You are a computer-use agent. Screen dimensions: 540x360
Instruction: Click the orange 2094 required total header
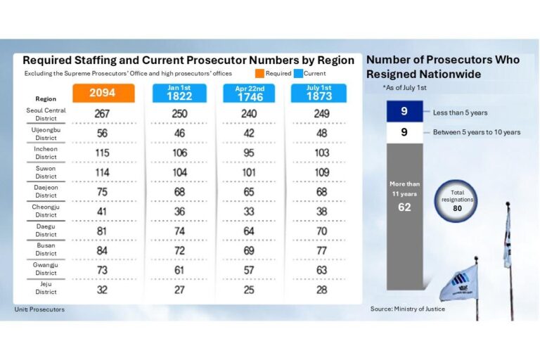[103, 93]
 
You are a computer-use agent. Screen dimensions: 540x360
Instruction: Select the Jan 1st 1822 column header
[179, 93]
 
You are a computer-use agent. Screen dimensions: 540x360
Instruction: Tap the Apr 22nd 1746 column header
[249, 93]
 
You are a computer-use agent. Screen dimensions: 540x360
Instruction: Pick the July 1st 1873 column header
[319, 93]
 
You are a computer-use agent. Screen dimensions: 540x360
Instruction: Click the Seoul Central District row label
[46, 115]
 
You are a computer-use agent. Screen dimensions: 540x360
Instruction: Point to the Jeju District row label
[46, 288]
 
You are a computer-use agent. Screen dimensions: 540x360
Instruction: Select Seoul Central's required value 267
[102, 114]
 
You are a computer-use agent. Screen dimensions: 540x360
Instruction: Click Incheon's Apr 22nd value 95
[249, 153]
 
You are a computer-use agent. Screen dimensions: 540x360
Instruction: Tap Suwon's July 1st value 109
[322, 172]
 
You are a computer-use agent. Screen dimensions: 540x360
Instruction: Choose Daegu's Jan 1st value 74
[179, 231]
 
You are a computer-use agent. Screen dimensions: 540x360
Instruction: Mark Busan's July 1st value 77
[321, 251]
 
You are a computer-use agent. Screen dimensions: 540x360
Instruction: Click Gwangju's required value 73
[102, 271]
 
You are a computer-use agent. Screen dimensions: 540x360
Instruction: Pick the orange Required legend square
[259, 73]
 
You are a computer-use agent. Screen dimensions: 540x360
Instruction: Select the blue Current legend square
[298, 73]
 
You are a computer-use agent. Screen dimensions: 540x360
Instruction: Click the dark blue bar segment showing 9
[405, 111]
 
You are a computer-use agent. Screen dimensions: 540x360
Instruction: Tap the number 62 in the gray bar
[405, 207]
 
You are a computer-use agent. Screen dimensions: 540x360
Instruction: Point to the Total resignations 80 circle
[456, 201]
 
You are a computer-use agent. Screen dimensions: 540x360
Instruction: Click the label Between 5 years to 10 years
[477, 132]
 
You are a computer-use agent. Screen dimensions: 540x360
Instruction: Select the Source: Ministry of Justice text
[408, 309]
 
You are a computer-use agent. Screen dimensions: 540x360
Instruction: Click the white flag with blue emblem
[458, 283]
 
